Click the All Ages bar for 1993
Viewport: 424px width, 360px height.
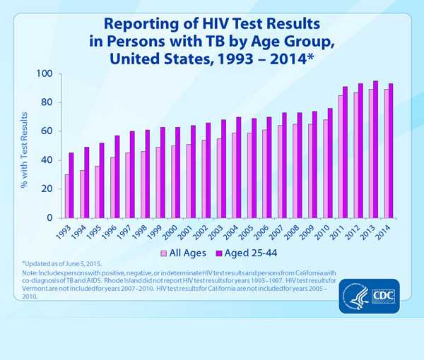pyautogui.click(x=66, y=196)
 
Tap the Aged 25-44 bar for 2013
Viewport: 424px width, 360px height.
pyautogui.click(x=375, y=149)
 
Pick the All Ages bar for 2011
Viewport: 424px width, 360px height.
pyautogui.click(x=341, y=156)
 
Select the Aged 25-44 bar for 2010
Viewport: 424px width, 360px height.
pyautogui.click(x=330, y=163)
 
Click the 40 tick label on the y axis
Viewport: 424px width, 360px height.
pyautogui.click(x=47, y=160)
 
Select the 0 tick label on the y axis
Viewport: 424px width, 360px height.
pyautogui.click(x=50, y=217)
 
